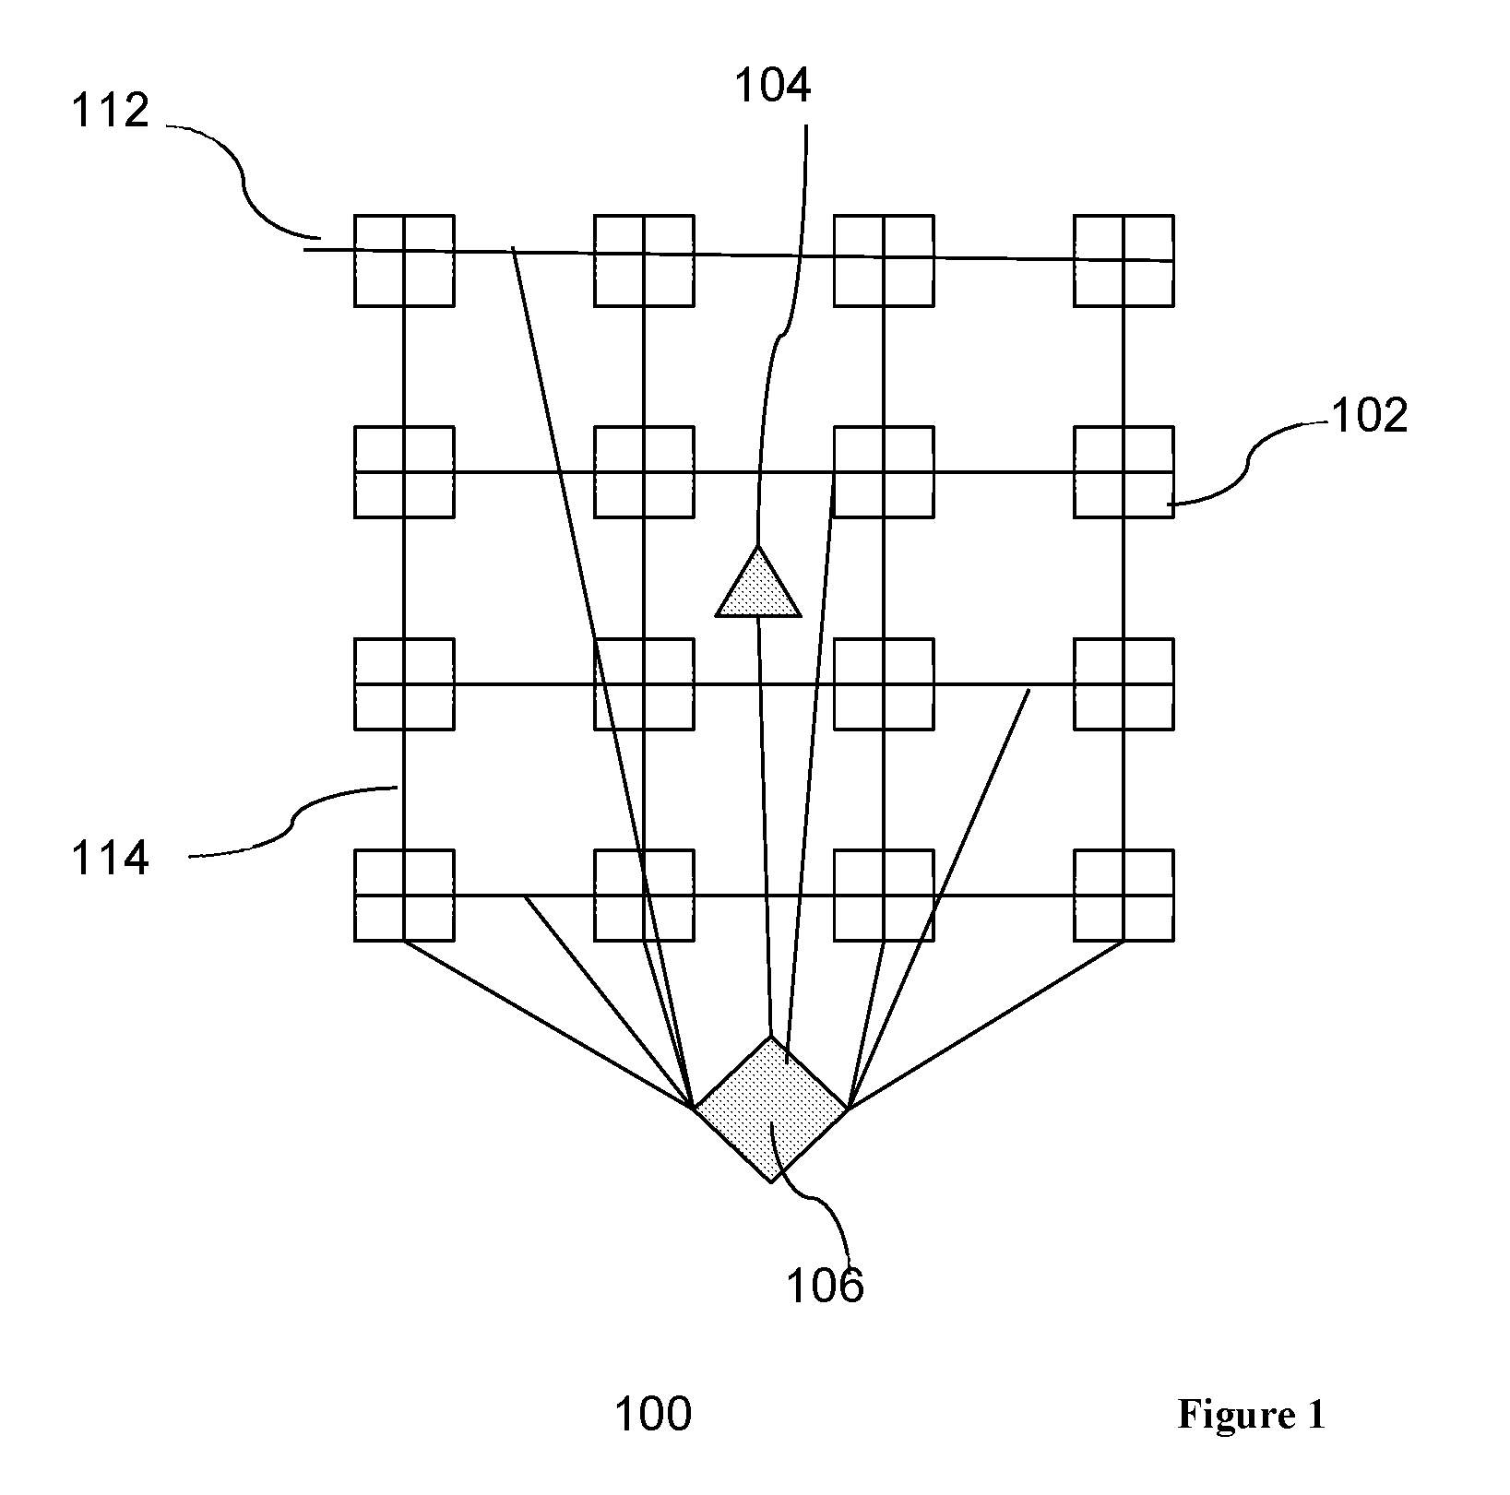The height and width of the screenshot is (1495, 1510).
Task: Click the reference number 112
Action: click(110, 111)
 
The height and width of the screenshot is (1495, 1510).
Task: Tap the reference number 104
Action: click(772, 86)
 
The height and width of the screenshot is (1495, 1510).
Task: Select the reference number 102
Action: click(1369, 416)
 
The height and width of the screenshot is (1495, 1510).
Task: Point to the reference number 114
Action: click(110, 859)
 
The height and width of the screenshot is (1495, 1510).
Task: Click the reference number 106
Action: click(825, 1285)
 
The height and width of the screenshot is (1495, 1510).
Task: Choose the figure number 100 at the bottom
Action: click(653, 1414)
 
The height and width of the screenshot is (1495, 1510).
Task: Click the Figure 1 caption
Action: click(1251, 1415)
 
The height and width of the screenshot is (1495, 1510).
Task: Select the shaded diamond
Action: click(770, 1109)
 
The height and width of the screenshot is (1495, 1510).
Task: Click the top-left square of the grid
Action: click(404, 260)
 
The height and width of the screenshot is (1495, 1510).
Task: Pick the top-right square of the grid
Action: click(1124, 260)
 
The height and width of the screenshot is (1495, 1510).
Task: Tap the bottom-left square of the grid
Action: click(404, 895)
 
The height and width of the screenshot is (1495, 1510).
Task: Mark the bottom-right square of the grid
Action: click(1124, 895)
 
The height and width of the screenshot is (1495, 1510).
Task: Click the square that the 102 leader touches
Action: click(1124, 471)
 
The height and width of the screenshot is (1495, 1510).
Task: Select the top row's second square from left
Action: click(644, 260)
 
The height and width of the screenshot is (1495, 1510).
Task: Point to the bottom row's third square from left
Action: click(884, 895)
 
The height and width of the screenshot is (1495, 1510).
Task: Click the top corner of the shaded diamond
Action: click(770, 1036)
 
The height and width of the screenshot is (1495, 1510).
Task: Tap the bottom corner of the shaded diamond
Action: click(771, 1182)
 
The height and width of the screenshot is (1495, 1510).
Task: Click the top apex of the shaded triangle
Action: click(758, 546)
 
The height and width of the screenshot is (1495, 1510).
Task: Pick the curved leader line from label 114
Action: click(293, 820)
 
